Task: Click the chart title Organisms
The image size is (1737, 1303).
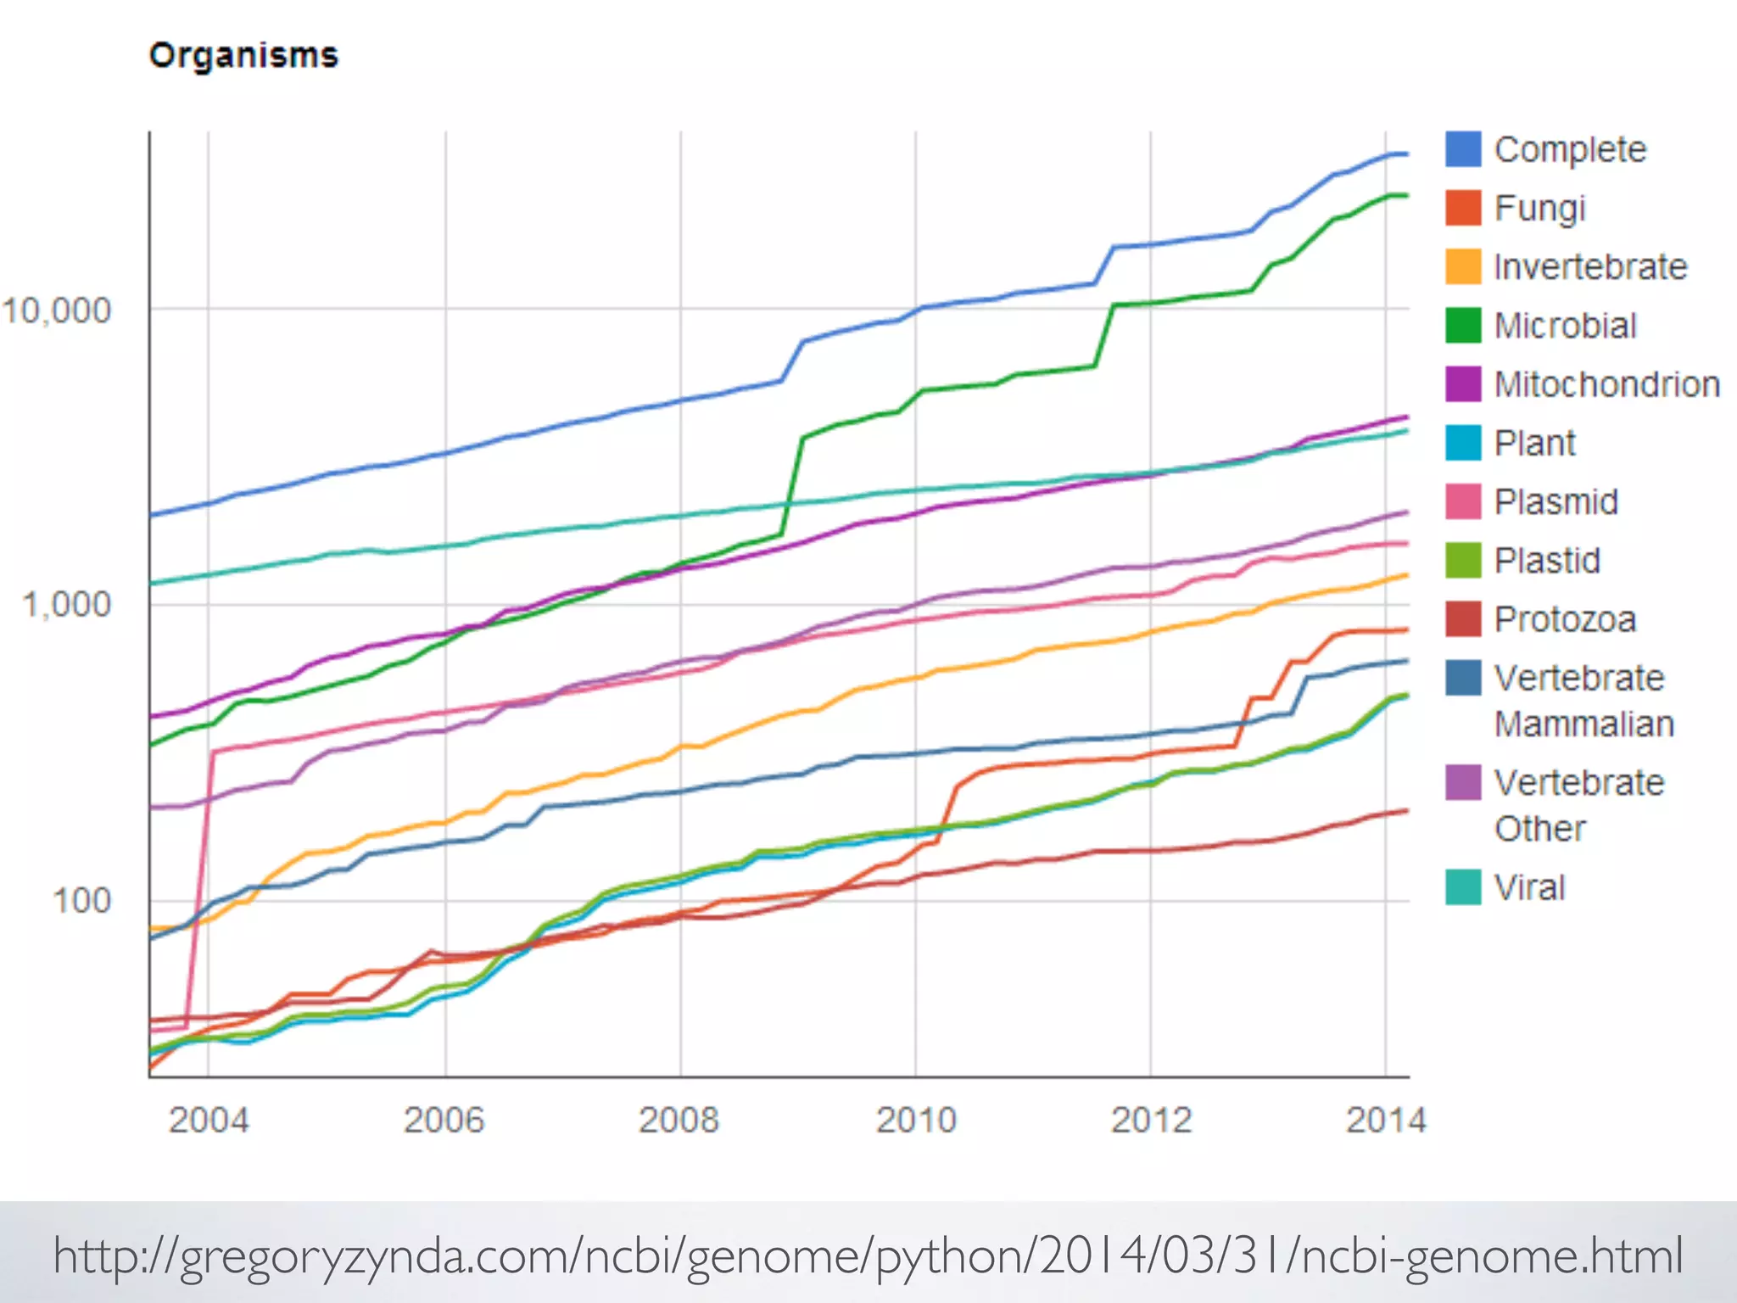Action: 243,56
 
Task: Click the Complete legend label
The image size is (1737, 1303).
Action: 1569,150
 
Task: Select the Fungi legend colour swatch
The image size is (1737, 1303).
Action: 1463,208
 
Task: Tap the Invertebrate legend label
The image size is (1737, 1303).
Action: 1589,267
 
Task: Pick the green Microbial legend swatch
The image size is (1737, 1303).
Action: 1463,326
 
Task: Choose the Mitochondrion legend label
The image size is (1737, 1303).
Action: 1606,384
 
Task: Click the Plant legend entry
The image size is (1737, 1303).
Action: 1533,443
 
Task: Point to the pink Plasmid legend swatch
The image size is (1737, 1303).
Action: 1463,501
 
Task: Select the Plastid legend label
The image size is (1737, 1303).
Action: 1546,561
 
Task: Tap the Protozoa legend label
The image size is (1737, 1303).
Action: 1564,619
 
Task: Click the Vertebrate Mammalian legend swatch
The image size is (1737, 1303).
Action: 1463,678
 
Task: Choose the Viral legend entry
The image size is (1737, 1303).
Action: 1528,887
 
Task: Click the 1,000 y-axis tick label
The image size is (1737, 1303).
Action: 66,605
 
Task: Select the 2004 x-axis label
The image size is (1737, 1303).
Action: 209,1121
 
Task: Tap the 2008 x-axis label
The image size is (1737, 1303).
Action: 679,1121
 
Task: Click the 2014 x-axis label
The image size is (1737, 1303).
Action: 1386,1121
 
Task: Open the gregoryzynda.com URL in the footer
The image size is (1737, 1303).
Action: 867,1256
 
